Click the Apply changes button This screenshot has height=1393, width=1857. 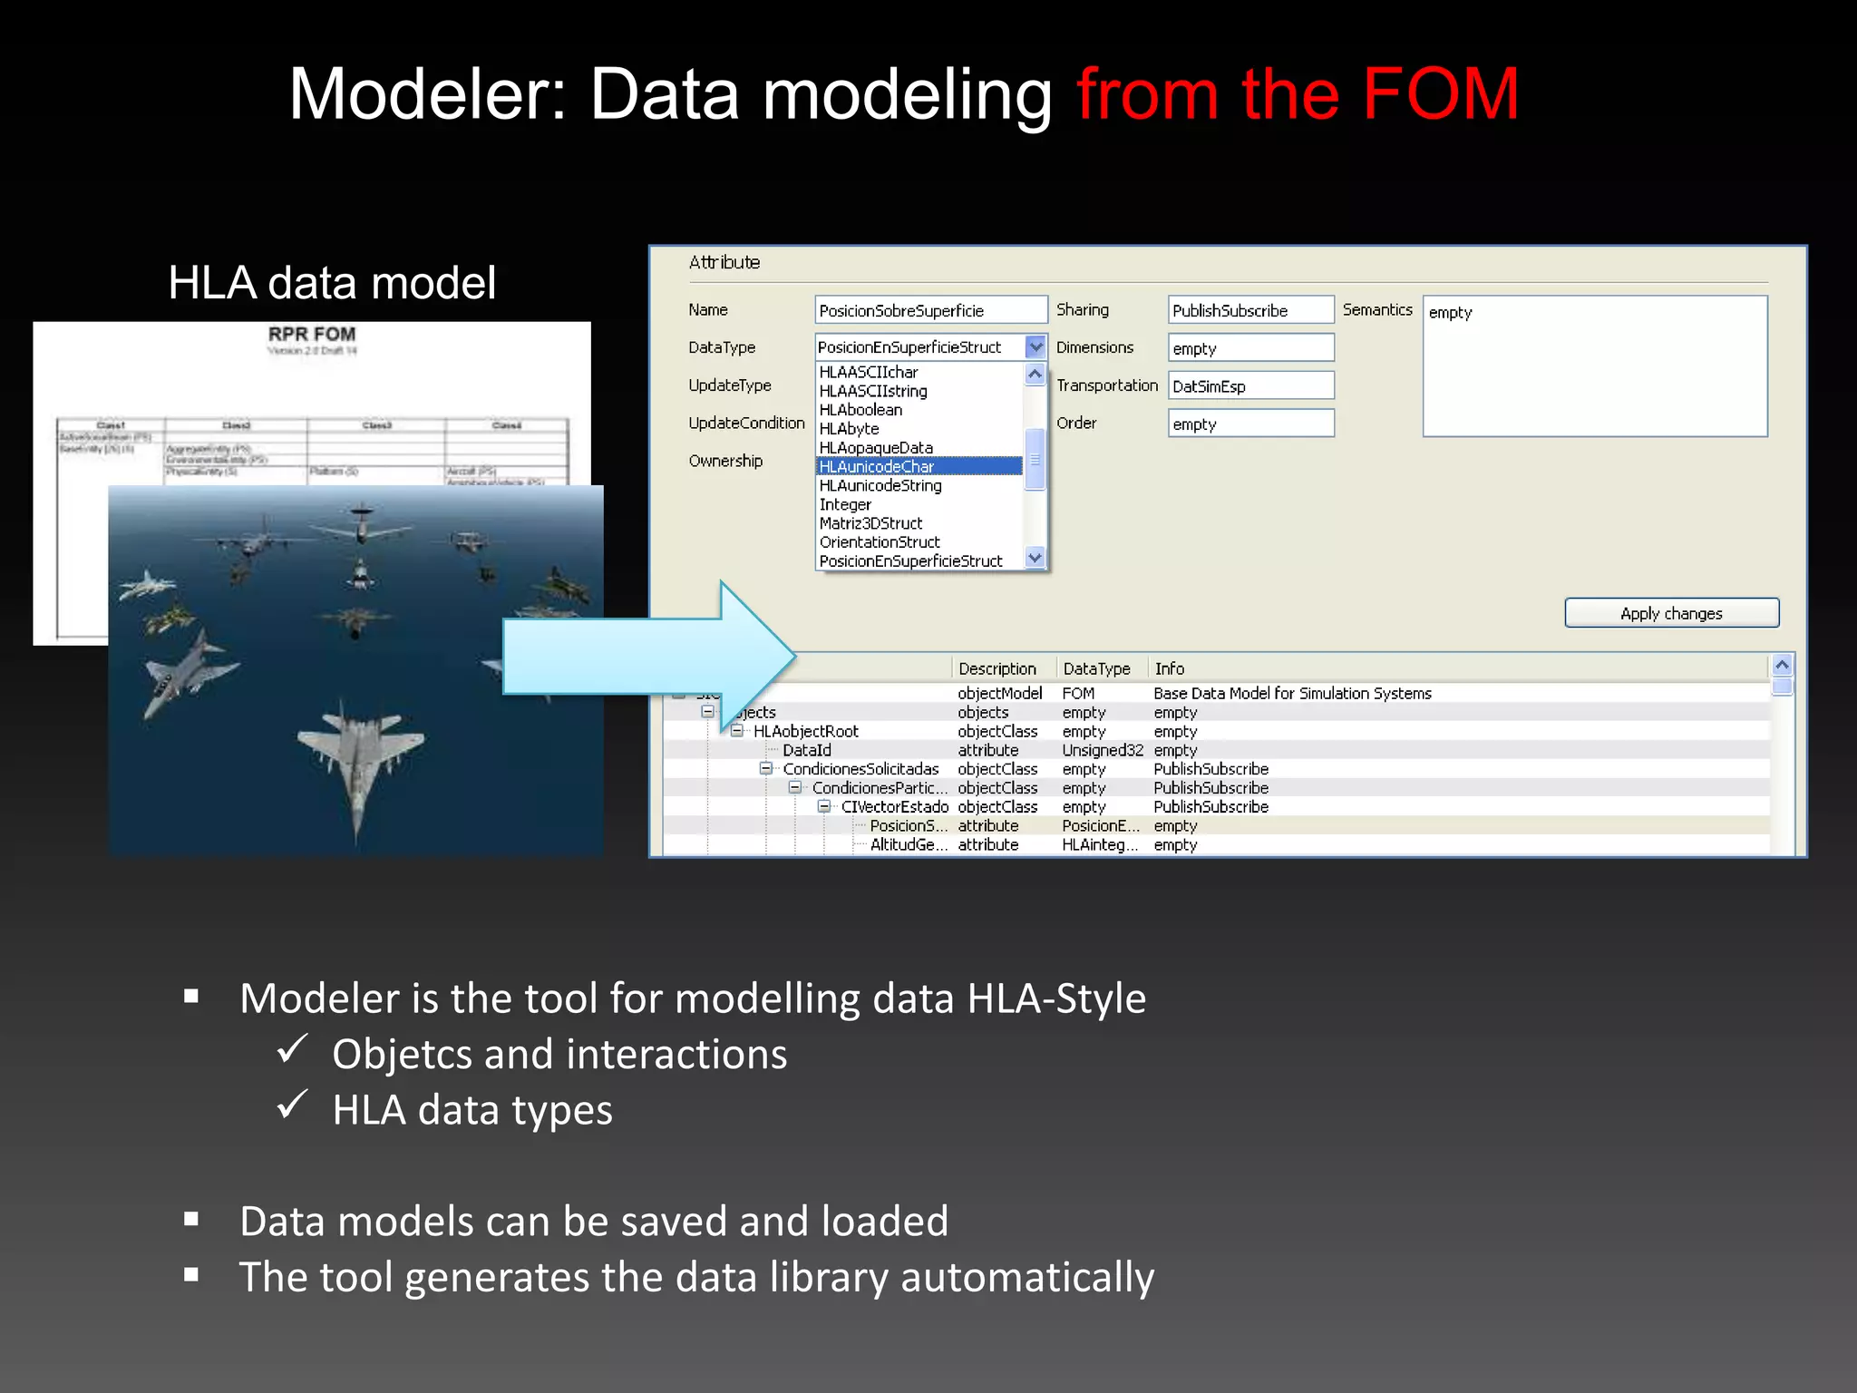tap(1671, 613)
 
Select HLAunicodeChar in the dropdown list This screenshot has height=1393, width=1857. tap(877, 466)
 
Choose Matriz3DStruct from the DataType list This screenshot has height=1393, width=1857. tap(870, 523)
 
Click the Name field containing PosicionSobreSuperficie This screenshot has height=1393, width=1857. tap(930, 310)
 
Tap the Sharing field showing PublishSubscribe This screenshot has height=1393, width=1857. tap(1249, 310)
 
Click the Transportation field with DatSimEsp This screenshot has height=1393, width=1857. tap(1249, 386)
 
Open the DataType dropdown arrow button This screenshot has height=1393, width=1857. tap(1035, 346)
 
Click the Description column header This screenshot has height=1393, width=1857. tap(997, 668)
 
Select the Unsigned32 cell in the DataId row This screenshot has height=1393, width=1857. tap(1102, 750)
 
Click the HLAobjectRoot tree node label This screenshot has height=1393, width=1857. tap(805, 731)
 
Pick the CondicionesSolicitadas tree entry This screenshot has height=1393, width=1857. tap(860, 769)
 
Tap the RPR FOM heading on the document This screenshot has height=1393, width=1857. tap(312, 335)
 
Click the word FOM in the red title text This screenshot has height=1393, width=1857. tap(1440, 94)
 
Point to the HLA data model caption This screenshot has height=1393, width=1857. tap(332, 283)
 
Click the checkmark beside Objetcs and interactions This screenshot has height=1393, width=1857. tap(293, 1050)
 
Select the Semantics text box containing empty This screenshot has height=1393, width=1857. tap(1594, 366)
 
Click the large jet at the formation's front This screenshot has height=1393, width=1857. tap(360, 762)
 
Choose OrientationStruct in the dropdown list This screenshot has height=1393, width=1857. tap(880, 542)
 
